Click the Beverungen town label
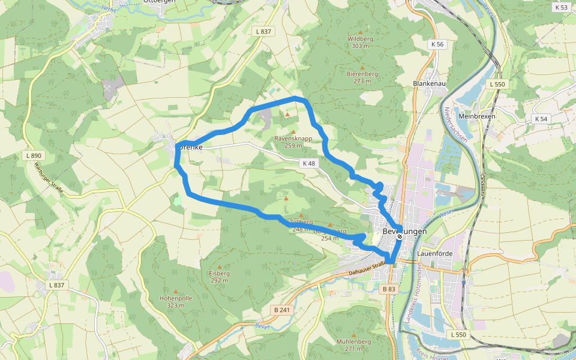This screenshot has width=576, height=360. click(x=404, y=232)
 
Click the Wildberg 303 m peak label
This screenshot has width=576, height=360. click(x=360, y=42)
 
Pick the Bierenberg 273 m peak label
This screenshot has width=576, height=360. click(x=362, y=77)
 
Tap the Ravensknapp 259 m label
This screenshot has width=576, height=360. click(x=293, y=142)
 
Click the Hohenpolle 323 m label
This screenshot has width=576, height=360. click(x=175, y=301)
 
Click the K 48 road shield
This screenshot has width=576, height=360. click(x=308, y=163)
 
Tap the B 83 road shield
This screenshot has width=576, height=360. click(x=389, y=289)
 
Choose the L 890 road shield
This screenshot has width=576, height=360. click(x=34, y=155)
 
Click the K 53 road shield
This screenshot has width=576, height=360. click(x=561, y=8)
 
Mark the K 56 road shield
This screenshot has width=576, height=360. click(x=437, y=44)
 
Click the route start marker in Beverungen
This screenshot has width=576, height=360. click(x=400, y=236)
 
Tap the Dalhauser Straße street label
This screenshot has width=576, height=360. click(x=366, y=269)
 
